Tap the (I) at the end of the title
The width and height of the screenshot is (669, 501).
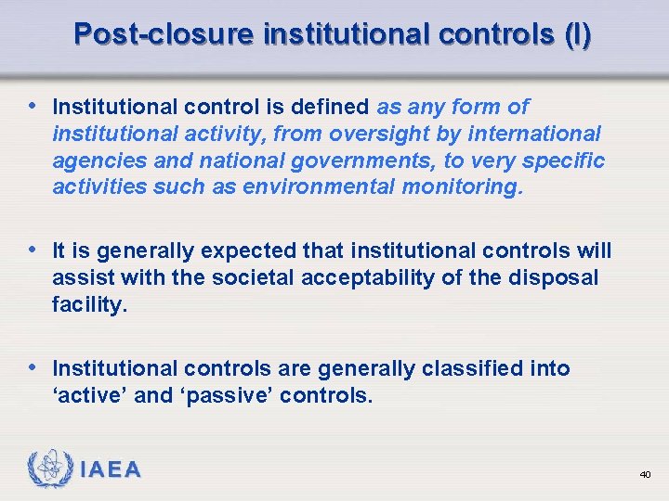pos(576,35)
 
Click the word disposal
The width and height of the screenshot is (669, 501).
pos(555,278)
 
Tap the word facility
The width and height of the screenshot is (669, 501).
pos(89,305)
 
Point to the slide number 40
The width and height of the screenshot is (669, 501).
pos(645,475)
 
